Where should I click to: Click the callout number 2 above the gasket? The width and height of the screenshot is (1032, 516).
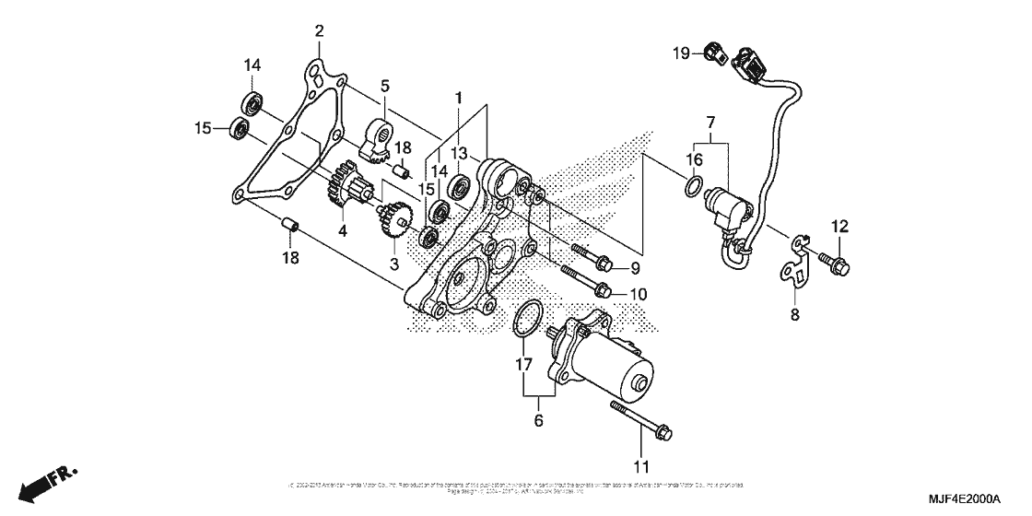pos(319,31)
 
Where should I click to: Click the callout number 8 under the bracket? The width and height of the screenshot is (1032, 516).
pos(795,313)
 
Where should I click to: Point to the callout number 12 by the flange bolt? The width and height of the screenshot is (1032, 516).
pos(840,227)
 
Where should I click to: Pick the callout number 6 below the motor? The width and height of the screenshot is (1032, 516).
pos(539,421)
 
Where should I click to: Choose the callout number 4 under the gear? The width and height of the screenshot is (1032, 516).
pos(342,231)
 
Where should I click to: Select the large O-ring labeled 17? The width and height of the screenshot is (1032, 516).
pos(525,319)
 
